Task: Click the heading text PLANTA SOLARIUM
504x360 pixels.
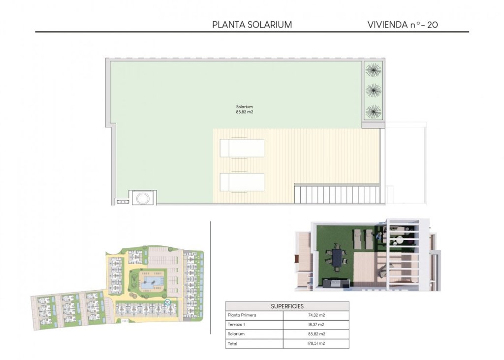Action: [252, 25]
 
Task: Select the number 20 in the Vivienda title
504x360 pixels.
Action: [432, 25]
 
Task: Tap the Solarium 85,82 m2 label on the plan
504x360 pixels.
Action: [245, 109]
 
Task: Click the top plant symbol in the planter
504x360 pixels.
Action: [374, 70]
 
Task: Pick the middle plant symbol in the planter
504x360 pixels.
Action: [374, 90]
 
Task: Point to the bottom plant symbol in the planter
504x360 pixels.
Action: [374, 111]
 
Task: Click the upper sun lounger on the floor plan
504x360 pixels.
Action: [242, 148]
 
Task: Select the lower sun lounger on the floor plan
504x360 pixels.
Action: [242, 181]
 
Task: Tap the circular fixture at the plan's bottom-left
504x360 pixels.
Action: [143, 198]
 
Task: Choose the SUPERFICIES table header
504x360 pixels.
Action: [287, 306]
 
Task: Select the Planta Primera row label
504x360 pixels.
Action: [242, 315]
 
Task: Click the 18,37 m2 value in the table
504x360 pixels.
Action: [315, 325]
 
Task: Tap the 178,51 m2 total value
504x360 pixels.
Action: [315, 344]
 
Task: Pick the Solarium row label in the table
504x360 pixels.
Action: [236, 334]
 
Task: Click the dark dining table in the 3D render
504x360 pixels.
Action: [337, 257]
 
